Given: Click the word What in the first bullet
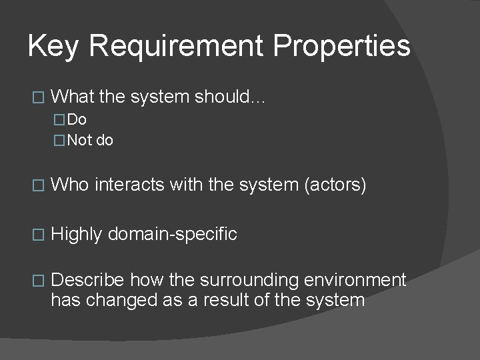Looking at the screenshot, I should [73, 97].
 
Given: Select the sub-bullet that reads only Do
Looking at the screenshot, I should [77, 120].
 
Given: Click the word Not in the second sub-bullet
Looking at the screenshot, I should [80, 140].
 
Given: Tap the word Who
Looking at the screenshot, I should [70, 185].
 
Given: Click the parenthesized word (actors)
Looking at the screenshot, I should [335, 185].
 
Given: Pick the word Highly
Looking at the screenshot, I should [77, 234].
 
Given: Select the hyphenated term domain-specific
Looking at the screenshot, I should [172, 234].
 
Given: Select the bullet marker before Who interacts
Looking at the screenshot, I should [37, 185].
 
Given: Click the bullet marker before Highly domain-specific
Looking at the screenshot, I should [37, 235].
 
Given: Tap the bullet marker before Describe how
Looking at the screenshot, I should [37, 281].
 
